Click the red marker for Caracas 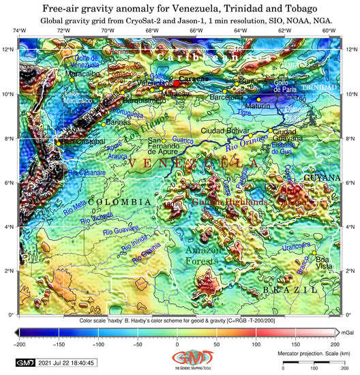point(176,82)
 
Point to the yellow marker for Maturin point(258,100)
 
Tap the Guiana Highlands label point(228,202)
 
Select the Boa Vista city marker point(314,253)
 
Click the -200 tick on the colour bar point(20,343)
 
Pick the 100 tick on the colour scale point(256,343)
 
